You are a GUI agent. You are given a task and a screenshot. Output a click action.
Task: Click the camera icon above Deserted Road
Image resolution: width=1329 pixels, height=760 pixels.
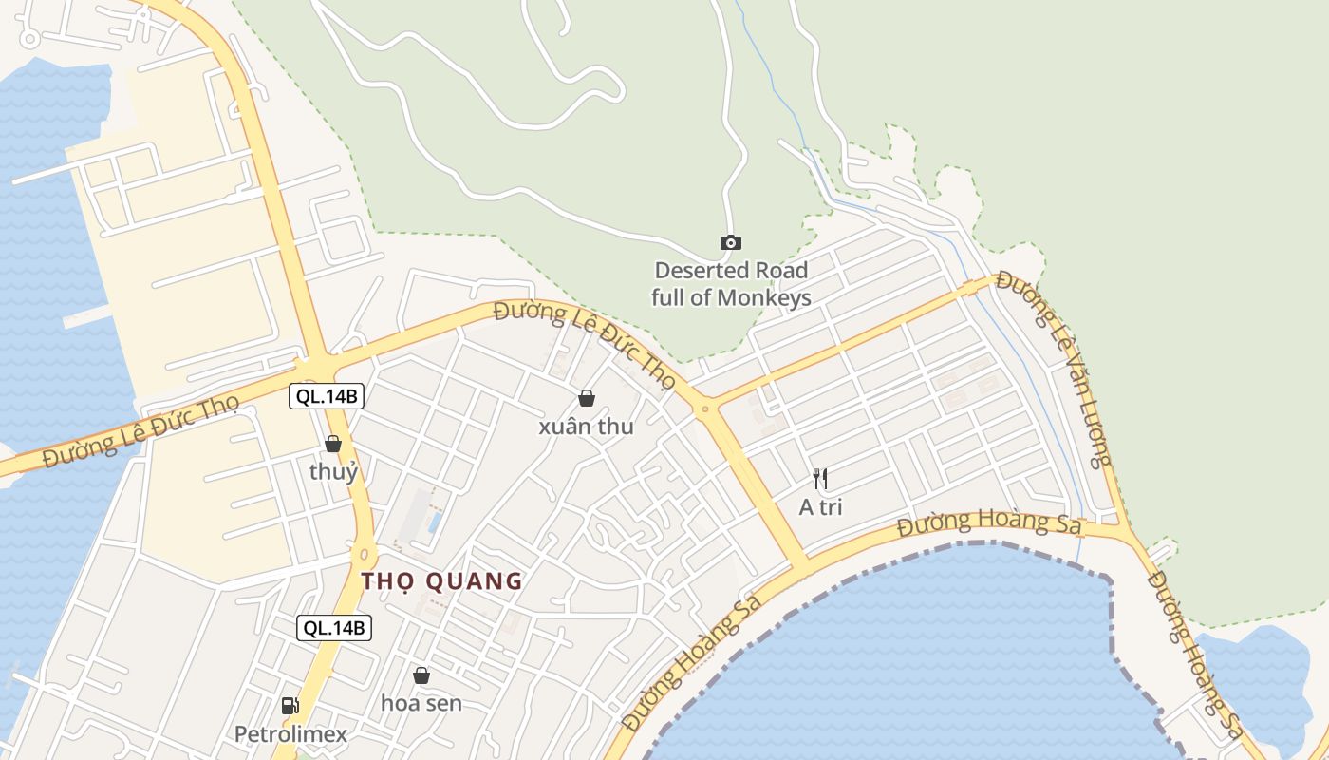click(x=730, y=243)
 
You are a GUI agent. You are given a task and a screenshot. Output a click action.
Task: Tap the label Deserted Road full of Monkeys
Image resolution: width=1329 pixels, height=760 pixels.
click(x=731, y=284)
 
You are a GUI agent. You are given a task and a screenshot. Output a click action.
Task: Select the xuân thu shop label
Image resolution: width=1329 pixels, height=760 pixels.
click(x=586, y=427)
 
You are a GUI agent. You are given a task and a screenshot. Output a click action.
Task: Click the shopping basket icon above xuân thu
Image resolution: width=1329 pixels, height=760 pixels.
click(x=587, y=398)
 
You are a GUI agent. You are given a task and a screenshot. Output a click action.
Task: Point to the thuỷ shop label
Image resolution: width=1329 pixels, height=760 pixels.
click(x=333, y=471)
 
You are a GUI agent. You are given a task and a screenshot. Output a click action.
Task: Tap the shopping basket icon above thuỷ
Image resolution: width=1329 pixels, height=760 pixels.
click(x=333, y=444)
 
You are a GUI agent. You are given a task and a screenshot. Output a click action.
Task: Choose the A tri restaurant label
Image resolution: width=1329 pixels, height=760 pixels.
click(x=820, y=507)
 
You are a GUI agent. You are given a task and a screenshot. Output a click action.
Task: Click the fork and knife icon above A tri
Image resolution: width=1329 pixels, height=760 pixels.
click(x=820, y=479)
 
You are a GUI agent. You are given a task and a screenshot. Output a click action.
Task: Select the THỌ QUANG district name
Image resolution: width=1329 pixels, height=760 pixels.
click(x=441, y=580)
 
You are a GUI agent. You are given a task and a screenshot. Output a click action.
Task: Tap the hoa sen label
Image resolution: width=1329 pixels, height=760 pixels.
click(x=421, y=703)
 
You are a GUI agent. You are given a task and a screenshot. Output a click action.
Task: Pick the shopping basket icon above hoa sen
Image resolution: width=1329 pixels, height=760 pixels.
click(x=421, y=675)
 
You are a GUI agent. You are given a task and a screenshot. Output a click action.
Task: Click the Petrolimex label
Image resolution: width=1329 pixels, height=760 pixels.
click(x=290, y=734)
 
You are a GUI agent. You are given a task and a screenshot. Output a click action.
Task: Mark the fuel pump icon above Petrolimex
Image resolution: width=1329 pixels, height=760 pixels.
click(x=290, y=706)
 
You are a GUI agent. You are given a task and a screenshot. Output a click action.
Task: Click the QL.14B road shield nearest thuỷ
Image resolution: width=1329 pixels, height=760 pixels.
click(x=327, y=396)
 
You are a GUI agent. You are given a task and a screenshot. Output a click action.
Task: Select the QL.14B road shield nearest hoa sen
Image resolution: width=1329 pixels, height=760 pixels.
click(x=333, y=627)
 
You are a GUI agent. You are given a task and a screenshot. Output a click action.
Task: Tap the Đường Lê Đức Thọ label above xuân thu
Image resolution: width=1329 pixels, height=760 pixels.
click(x=585, y=345)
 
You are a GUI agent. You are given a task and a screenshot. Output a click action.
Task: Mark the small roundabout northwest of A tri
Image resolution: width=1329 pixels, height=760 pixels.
click(x=704, y=409)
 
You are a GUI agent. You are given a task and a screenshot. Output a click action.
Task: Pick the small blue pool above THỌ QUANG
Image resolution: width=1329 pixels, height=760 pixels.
click(x=435, y=522)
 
